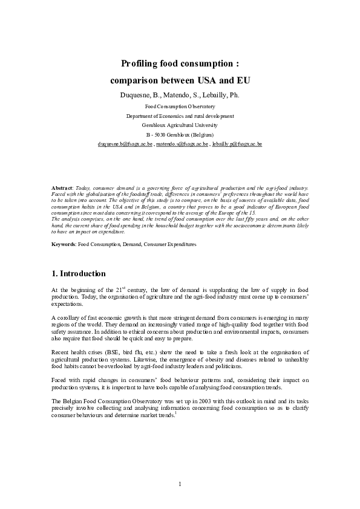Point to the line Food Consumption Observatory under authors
click(180, 106)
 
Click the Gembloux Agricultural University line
click(180, 125)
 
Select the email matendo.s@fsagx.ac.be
click(182, 145)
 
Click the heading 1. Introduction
click(79, 274)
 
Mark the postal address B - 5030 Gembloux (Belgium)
click(180, 134)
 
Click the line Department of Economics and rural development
click(180, 115)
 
